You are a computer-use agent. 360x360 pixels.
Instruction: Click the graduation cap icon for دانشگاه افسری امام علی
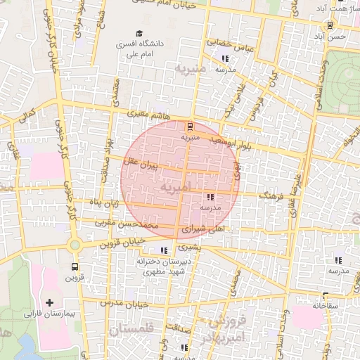[139, 34]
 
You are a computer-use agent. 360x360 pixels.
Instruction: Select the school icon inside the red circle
[210, 198]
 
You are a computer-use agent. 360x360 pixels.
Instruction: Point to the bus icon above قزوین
[75, 267]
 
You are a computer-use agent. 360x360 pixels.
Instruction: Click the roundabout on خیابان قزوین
[75, 245]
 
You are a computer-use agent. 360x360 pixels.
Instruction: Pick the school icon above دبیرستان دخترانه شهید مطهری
[164, 250]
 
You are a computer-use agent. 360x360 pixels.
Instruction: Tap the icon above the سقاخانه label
[326, 297]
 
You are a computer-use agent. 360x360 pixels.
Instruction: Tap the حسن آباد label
[330, 35]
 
